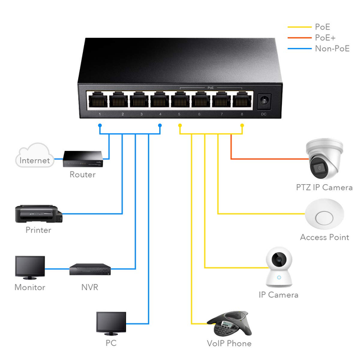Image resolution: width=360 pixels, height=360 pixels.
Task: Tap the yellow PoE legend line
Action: (x=300, y=27)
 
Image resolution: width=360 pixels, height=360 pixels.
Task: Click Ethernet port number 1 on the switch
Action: (x=98, y=99)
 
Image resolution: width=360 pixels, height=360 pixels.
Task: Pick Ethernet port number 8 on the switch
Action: (x=241, y=99)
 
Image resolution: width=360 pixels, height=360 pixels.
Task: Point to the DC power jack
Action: (x=263, y=101)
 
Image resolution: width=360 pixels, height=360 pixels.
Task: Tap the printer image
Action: (x=37, y=213)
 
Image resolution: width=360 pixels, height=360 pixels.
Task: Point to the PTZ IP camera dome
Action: (x=323, y=160)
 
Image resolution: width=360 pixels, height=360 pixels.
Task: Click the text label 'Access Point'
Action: (x=324, y=237)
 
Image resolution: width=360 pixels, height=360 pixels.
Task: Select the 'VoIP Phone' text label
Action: (x=229, y=343)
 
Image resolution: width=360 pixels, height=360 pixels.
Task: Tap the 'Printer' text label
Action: (x=38, y=230)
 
